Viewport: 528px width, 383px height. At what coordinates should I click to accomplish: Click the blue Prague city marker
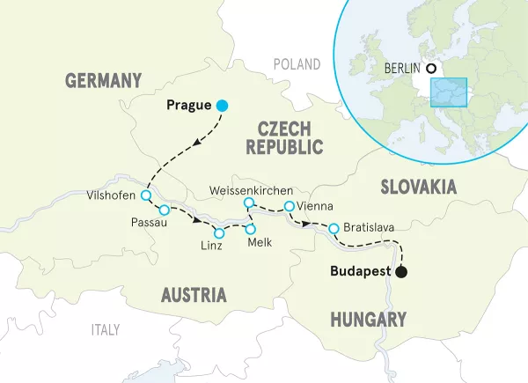[223, 106]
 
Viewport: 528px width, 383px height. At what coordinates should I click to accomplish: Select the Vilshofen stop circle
[146, 195]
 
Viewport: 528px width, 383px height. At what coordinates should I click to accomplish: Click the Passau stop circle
[164, 210]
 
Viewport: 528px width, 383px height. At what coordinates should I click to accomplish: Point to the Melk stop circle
[251, 229]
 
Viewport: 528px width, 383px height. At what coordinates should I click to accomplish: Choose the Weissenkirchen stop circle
[249, 203]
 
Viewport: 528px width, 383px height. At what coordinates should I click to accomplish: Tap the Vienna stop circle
[289, 207]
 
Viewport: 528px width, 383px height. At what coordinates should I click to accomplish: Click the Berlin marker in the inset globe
[430, 69]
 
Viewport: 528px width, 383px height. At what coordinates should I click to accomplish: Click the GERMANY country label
[103, 81]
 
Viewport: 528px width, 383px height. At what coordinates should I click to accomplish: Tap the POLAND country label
[297, 64]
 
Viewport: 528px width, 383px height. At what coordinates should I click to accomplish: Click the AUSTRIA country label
[194, 294]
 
